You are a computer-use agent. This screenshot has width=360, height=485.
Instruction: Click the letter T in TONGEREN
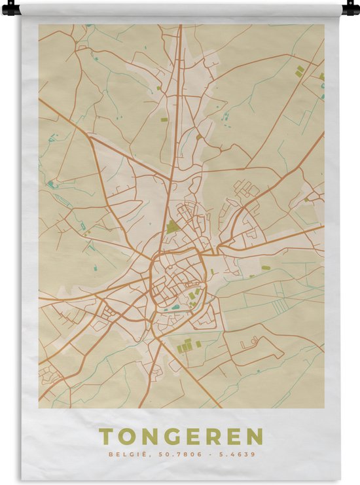(106, 437)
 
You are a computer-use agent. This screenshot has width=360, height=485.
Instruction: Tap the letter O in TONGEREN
(126, 437)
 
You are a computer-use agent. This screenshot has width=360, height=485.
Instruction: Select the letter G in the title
(168, 437)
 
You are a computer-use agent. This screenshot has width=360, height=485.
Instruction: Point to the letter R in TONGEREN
(213, 437)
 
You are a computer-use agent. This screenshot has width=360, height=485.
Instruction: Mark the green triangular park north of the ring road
(172, 227)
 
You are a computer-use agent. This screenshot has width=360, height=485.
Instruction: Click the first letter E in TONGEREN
(190, 437)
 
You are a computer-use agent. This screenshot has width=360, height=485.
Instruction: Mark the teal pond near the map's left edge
(51, 185)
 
